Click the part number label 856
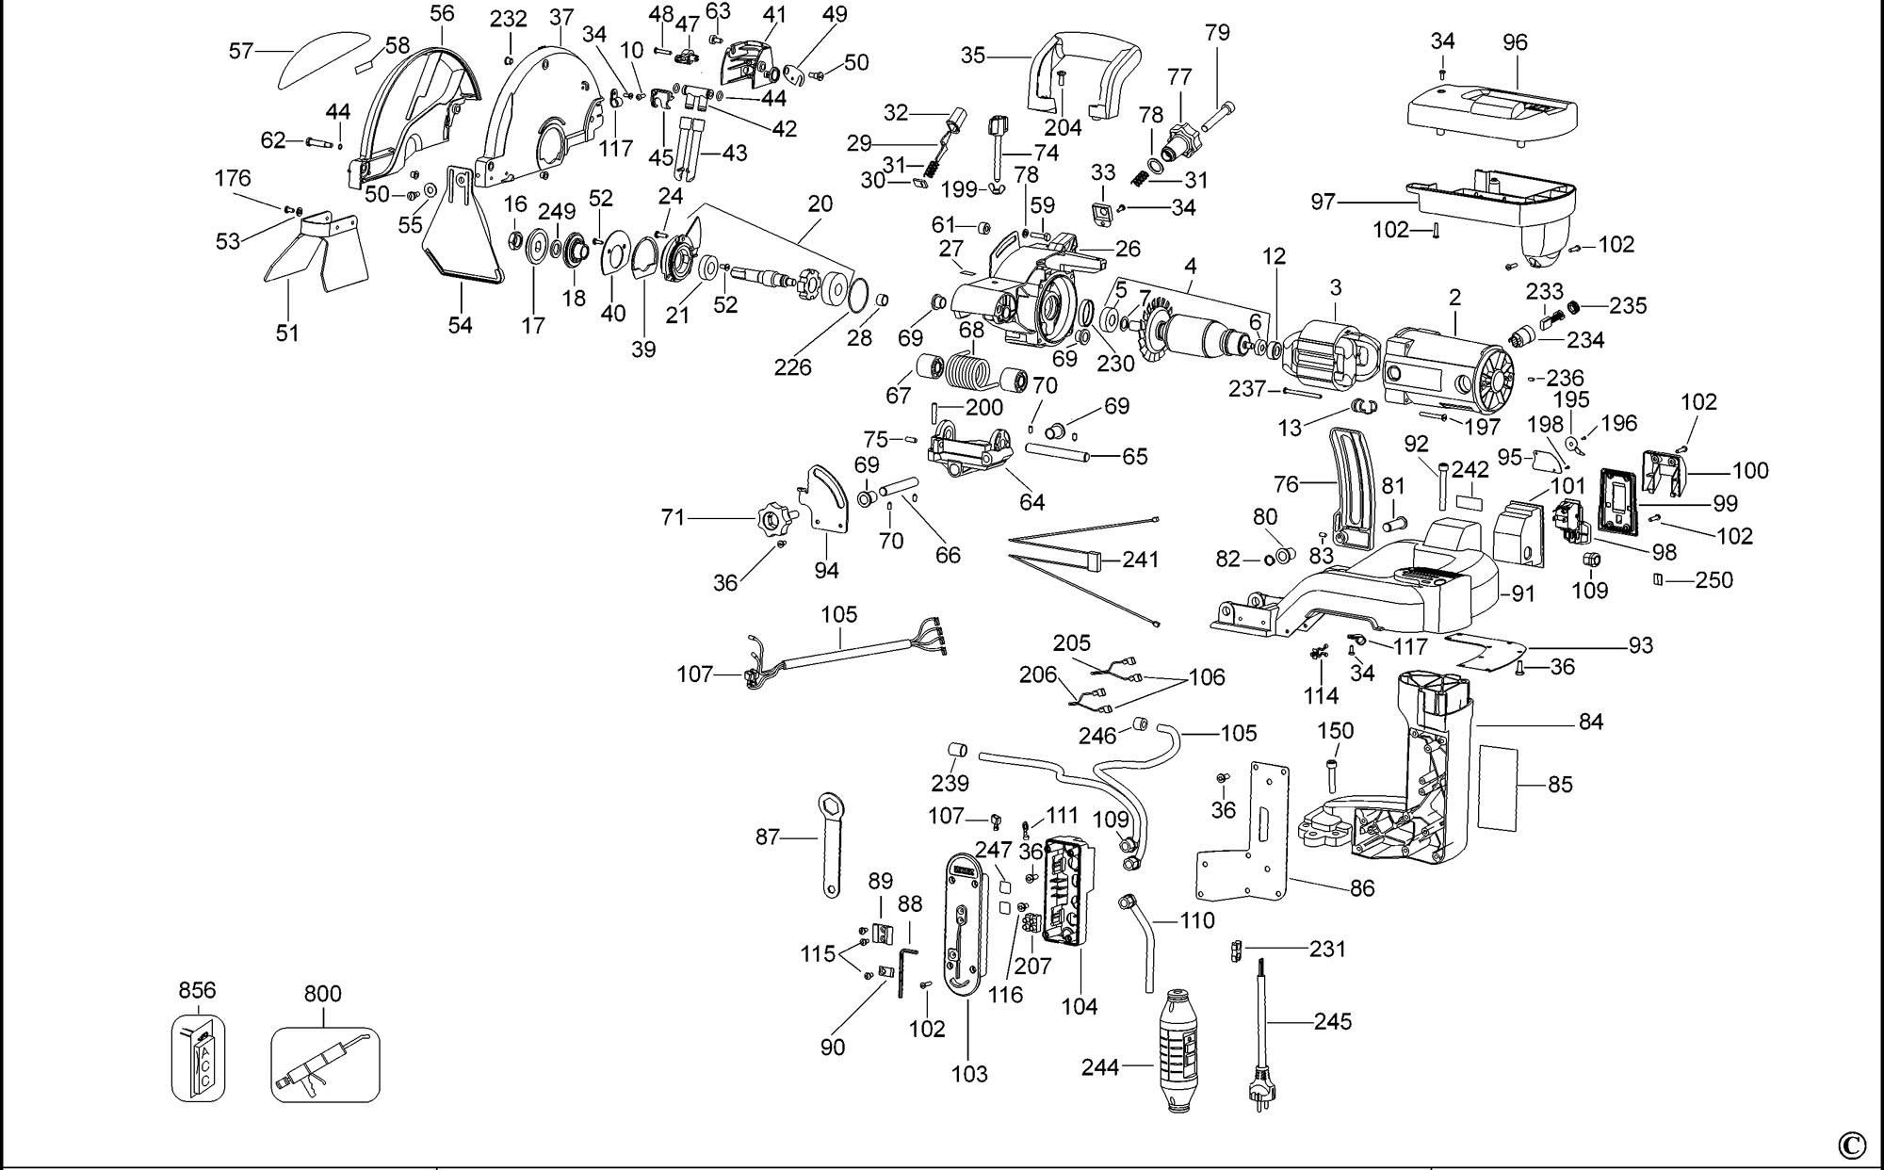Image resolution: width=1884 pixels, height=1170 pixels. (197, 990)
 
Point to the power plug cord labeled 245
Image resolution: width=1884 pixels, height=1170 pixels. (1259, 1036)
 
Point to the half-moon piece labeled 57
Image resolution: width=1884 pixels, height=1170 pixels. (325, 58)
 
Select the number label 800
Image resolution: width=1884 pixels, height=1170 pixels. (323, 994)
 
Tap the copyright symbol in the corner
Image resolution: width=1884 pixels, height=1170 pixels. (1851, 1145)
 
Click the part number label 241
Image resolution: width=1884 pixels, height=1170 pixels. (1141, 560)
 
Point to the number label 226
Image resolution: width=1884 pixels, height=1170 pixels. (792, 367)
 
